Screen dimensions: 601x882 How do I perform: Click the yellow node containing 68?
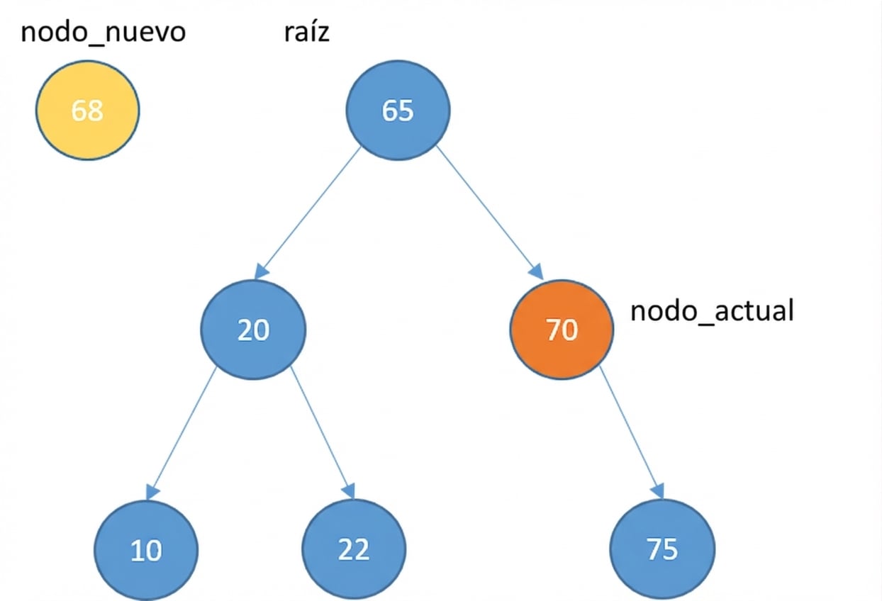pos(88,110)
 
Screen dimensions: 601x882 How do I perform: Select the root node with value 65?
pos(397,110)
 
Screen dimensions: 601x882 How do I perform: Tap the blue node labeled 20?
pos(253,330)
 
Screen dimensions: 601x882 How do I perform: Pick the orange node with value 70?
pos(562,330)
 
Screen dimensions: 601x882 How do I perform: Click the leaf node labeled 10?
pos(147,550)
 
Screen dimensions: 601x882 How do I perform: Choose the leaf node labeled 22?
pos(354,550)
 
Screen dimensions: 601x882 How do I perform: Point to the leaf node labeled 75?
pos(663,550)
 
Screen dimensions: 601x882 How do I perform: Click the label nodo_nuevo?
pos(104,32)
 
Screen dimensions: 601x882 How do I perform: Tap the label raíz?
pos(306,32)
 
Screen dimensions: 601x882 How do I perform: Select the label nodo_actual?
pos(712,310)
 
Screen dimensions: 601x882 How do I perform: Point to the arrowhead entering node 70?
pos(537,272)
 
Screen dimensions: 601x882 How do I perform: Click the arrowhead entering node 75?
pos(658,490)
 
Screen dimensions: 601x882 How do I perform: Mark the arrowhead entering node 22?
pos(348,490)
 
